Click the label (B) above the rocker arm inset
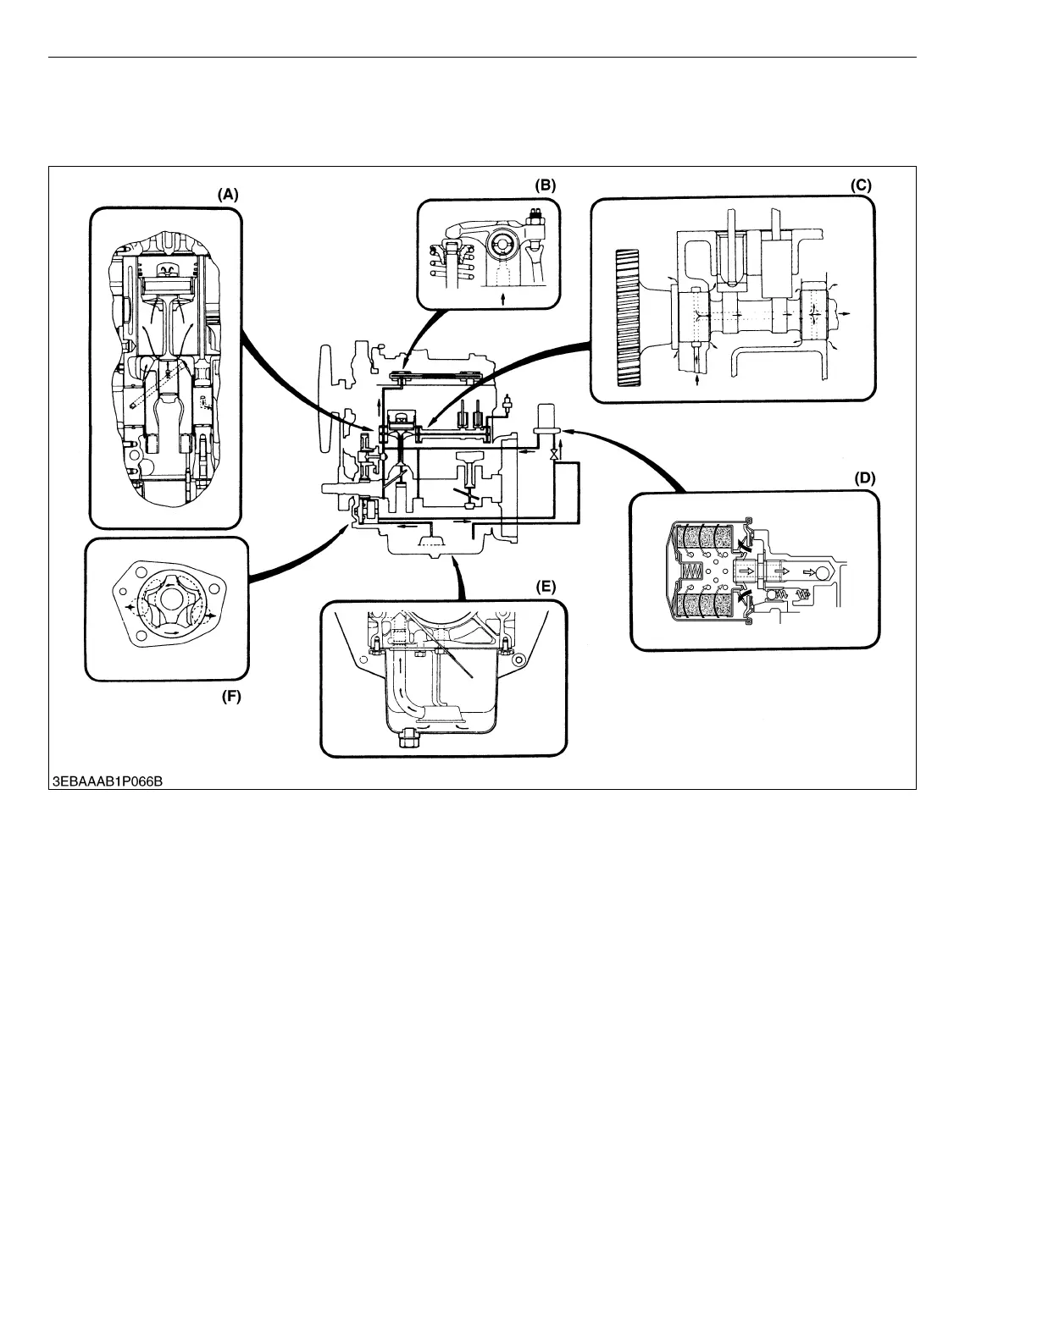(544, 185)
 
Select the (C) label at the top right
(861, 184)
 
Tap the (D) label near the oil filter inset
(863, 478)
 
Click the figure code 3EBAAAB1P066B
(107, 780)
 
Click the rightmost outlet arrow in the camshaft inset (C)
(846, 313)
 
